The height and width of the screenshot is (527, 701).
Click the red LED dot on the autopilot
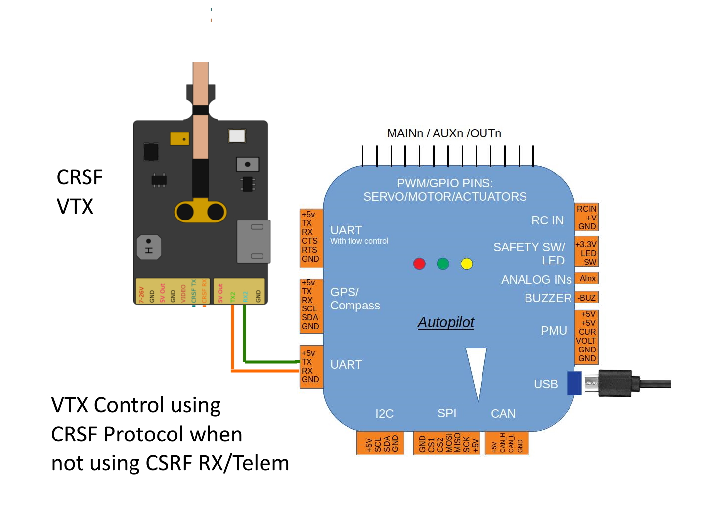click(x=419, y=263)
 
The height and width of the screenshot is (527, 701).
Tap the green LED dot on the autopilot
click(x=443, y=263)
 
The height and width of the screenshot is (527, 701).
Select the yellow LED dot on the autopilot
click(x=467, y=263)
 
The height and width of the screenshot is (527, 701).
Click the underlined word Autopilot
click(x=445, y=322)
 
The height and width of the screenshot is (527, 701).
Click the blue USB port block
click(x=574, y=383)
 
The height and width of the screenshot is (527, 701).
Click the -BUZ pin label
click(x=587, y=298)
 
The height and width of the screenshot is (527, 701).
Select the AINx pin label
click(x=587, y=279)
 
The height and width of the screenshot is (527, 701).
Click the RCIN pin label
click(x=586, y=209)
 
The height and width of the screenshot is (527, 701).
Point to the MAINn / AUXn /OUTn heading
click(x=444, y=133)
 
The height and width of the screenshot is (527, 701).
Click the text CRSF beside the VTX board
click(x=80, y=177)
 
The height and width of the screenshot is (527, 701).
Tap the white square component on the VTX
click(x=237, y=135)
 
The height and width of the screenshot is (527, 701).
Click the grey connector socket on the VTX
click(x=254, y=241)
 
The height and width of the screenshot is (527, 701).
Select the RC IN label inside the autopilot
click(x=547, y=220)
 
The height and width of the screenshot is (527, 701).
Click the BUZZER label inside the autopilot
click(x=548, y=298)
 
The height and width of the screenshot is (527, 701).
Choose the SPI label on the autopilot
click(x=447, y=413)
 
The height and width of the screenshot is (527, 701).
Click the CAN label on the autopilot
click(x=503, y=414)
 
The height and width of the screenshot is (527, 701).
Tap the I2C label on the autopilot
click(x=384, y=414)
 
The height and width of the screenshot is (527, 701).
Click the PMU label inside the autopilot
click(x=554, y=331)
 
